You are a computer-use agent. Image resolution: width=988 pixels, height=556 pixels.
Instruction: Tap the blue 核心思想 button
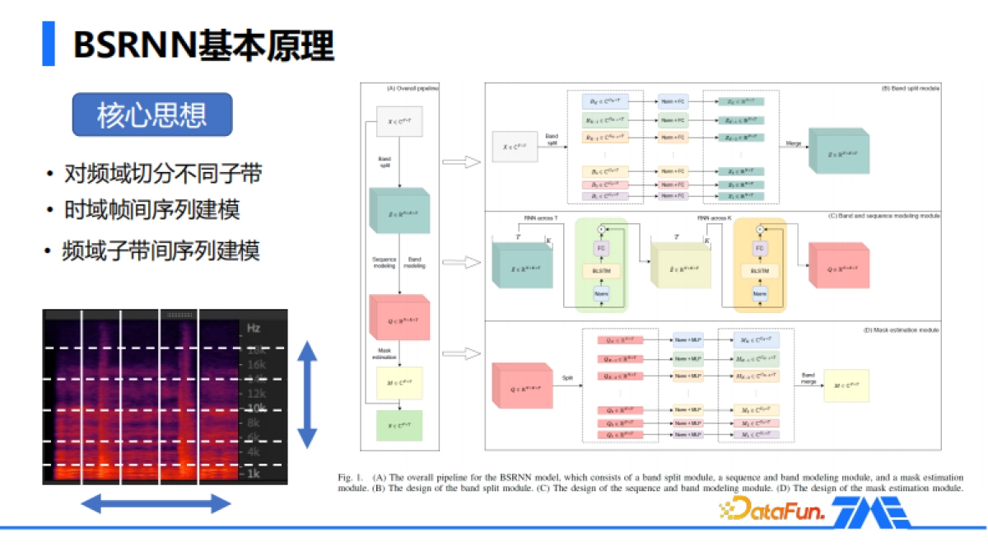[x=151, y=114]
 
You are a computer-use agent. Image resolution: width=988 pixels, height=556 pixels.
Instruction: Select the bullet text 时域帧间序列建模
[x=152, y=210]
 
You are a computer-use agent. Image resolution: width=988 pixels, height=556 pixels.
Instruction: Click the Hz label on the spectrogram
[x=253, y=328]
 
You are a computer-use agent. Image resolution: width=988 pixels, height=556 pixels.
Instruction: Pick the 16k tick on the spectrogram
[x=255, y=364]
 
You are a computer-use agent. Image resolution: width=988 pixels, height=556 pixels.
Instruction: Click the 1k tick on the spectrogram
[x=252, y=474]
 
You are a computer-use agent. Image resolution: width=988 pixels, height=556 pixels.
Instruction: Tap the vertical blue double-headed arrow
[x=307, y=395]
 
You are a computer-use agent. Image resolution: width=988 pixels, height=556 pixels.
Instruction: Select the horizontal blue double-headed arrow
[x=156, y=503]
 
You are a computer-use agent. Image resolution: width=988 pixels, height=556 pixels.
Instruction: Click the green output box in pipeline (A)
[x=398, y=425]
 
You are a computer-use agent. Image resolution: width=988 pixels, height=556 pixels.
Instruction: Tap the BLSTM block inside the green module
[x=600, y=269]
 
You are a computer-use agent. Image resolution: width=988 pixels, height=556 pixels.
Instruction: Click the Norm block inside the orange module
[x=760, y=294]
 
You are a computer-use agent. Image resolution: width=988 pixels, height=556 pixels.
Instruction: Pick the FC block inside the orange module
[x=760, y=247]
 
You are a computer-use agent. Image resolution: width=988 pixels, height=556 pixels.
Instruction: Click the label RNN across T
[x=540, y=218]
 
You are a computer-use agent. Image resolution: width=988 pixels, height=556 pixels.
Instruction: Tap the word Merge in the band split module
[x=794, y=143]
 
